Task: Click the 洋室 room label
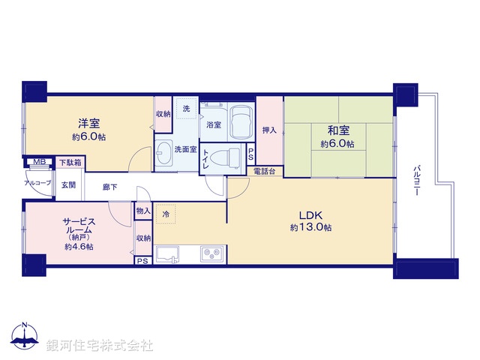[x=88, y=124]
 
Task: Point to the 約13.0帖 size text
[x=310, y=227]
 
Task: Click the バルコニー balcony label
[x=415, y=180]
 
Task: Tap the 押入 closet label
[x=269, y=130]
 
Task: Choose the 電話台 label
[x=264, y=172]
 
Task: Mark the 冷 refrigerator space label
[x=166, y=214]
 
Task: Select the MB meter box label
[x=37, y=162]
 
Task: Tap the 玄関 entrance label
[x=67, y=184]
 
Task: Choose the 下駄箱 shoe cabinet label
[x=70, y=163]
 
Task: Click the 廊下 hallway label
[x=110, y=187]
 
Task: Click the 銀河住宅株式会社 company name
[x=100, y=346]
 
